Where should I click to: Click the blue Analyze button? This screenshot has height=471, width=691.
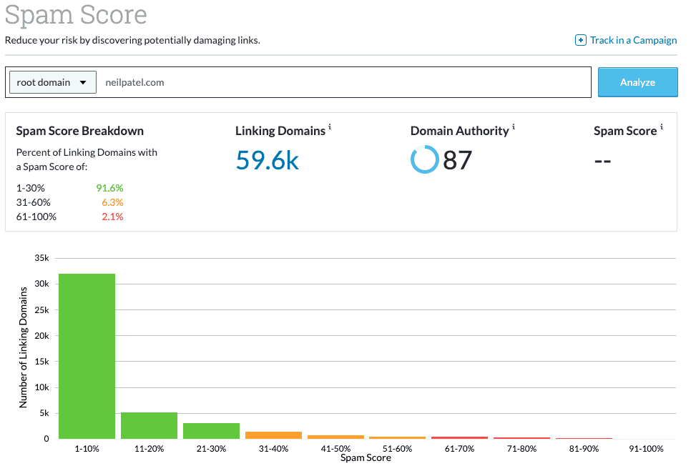637,82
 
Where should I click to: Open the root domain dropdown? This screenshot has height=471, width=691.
53,82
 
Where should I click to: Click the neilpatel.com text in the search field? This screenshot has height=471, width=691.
134,82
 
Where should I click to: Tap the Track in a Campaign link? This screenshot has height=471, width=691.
627,40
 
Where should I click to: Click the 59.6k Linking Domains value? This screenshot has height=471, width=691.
267,160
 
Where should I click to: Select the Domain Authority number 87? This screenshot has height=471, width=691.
458,160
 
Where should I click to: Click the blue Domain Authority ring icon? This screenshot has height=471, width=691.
424,159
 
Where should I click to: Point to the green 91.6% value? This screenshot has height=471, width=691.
109,188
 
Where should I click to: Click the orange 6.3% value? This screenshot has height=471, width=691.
112,202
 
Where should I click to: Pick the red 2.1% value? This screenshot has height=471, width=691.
112,217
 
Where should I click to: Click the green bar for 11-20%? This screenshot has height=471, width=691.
149,425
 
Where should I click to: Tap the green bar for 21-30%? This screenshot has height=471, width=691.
211,430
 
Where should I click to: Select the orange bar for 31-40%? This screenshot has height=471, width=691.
273,435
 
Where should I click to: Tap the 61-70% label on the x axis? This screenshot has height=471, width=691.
459,449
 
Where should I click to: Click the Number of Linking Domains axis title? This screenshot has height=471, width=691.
23,347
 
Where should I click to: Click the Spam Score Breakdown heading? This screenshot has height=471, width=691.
79,131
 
